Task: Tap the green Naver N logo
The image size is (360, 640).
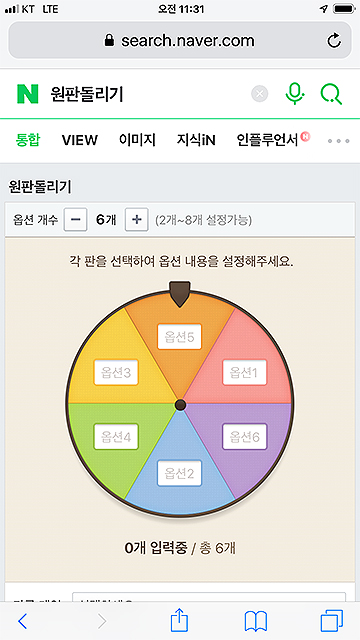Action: point(27,94)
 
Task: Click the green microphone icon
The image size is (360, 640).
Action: point(294,94)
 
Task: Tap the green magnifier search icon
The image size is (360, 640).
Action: point(331,94)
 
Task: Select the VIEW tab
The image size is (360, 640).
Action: point(80,140)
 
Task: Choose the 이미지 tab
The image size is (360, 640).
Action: point(137,140)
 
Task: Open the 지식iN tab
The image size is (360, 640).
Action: point(196,140)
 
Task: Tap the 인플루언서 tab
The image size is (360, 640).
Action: point(268,140)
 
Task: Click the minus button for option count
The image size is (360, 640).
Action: point(75,219)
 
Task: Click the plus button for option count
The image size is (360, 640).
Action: point(137,219)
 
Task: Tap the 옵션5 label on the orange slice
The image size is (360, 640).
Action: point(181,337)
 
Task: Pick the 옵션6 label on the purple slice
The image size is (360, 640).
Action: point(244,437)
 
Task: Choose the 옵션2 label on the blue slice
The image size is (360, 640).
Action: point(181,473)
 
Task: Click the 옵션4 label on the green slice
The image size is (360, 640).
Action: point(117,437)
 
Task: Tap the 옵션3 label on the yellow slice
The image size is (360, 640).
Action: point(117,373)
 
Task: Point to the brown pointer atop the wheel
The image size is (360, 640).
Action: point(180,294)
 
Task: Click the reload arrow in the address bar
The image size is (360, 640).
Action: point(334,41)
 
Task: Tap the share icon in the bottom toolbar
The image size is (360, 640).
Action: point(180,619)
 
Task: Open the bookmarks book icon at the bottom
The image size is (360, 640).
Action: point(256,620)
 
